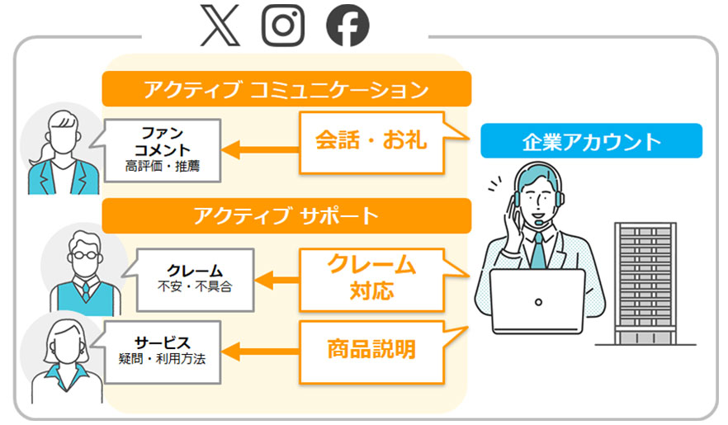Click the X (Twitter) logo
[x=220, y=26]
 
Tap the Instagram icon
[x=283, y=26]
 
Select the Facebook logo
[x=347, y=27]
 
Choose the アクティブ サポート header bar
[x=286, y=216]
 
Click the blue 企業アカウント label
[x=591, y=141]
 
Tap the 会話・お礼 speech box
[x=371, y=141]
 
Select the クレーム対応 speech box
[x=371, y=276]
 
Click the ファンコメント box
[x=163, y=150]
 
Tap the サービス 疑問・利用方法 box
[x=163, y=351]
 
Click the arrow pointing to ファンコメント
[x=260, y=150]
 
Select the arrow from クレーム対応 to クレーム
[x=277, y=280]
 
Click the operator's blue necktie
[x=537, y=249]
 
